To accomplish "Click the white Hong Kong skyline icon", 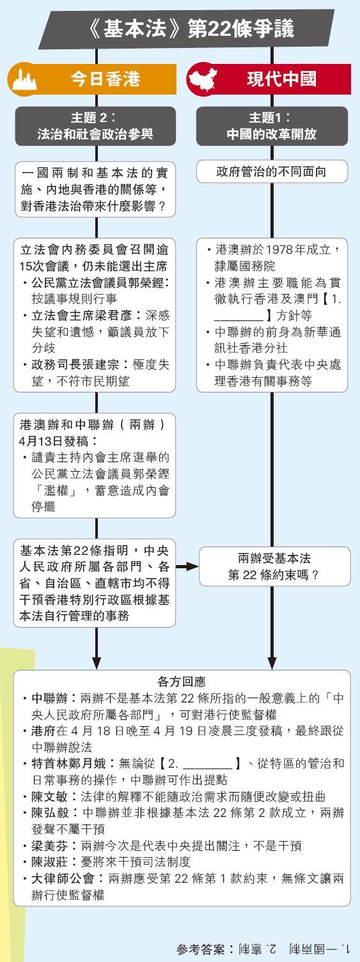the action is tap(24, 79).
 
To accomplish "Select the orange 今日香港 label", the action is tap(106, 79).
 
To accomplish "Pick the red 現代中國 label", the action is tap(282, 79).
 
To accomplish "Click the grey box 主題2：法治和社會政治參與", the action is tap(95, 126).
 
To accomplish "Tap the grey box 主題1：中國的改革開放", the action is tap(272, 126).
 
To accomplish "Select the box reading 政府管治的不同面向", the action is tap(272, 172).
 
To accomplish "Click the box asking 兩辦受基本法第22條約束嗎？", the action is tap(274, 566).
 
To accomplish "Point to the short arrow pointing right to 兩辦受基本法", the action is tap(187, 566).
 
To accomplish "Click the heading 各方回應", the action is tap(182, 681).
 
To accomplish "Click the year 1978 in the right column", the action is tap(279, 250).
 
